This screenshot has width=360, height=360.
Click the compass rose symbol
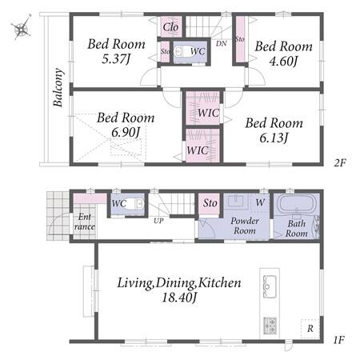[21, 27]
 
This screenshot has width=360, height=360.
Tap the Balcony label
[58, 87]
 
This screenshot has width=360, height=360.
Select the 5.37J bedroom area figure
[116, 59]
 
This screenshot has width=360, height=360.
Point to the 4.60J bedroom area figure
[283, 62]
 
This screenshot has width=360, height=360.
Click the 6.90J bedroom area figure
[126, 133]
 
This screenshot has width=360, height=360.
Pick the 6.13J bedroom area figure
[274, 138]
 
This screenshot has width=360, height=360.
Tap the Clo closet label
[170, 27]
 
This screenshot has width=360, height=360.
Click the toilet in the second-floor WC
[182, 51]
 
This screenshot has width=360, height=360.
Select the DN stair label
[222, 43]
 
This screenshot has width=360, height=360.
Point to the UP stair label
[158, 221]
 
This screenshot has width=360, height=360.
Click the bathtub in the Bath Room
[296, 204]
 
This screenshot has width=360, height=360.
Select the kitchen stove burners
[270, 326]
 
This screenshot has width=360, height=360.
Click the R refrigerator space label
[310, 329]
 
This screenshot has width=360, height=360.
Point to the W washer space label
[260, 202]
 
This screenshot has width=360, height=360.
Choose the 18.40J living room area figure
[179, 298]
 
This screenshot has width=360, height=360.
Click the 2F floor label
[340, 162]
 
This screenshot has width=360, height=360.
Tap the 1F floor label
[339, 340]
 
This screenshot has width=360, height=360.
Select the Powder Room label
[245, 226]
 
